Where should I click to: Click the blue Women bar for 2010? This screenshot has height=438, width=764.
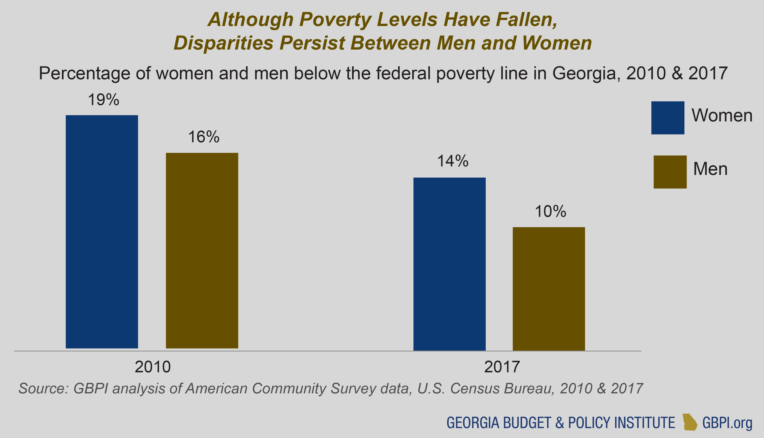102,232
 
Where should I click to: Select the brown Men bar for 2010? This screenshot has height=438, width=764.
202,250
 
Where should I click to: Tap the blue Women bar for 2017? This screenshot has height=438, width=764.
449,264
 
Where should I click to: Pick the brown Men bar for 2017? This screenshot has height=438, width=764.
549,288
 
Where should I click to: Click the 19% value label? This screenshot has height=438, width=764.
104,100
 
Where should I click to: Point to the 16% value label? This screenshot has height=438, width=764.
204,137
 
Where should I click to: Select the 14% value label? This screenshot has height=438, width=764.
453,161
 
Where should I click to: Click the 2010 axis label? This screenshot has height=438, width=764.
153,367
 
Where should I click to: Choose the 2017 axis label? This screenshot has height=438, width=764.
502,367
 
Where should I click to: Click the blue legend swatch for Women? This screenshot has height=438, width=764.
668,118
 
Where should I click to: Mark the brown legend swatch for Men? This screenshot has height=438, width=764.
670,172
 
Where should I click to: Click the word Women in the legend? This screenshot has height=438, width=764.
722,115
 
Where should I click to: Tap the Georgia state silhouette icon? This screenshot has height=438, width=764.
690,422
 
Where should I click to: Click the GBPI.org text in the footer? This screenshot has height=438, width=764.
727,423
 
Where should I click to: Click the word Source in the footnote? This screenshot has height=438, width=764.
43,389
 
